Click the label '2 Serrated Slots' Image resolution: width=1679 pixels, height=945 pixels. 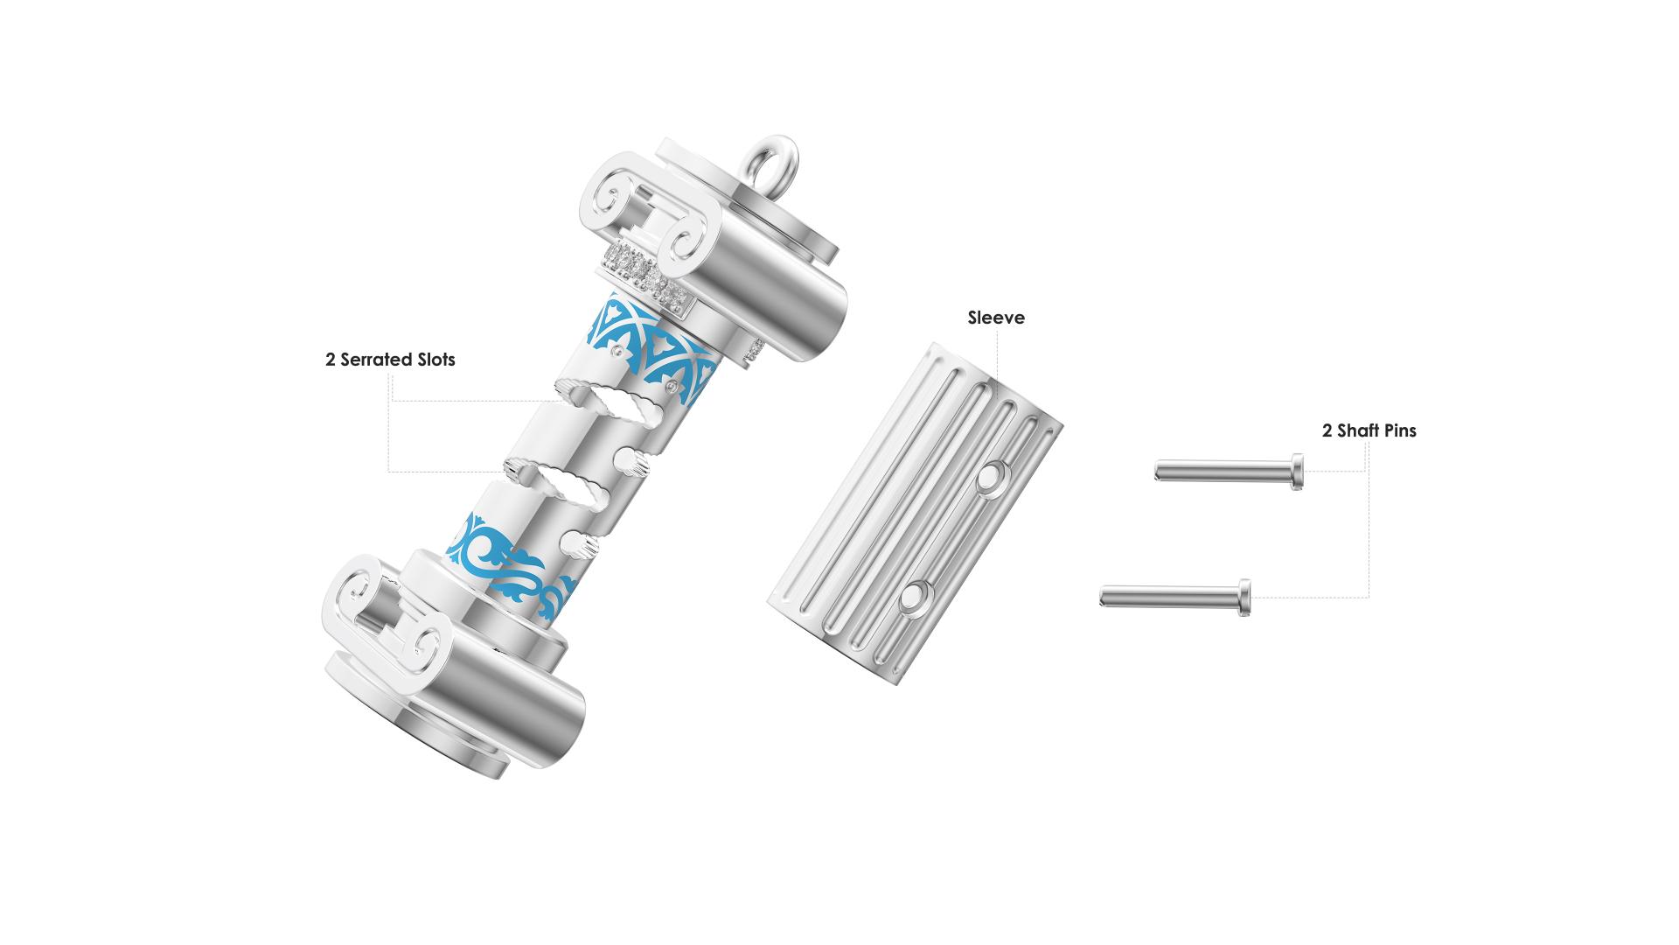pos(390,360)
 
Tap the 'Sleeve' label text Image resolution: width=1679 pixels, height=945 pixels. pos(996,318)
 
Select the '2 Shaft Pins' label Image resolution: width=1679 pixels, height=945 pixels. pos(1369,430)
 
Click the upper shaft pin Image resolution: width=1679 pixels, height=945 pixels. pos(1230,472)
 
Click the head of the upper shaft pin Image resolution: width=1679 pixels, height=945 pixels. pos(1298,472)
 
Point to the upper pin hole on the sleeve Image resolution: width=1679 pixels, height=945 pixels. pos(991,478)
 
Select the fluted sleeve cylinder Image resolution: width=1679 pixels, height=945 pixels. pos(915,514)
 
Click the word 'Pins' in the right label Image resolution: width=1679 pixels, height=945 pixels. pos(1396,430)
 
